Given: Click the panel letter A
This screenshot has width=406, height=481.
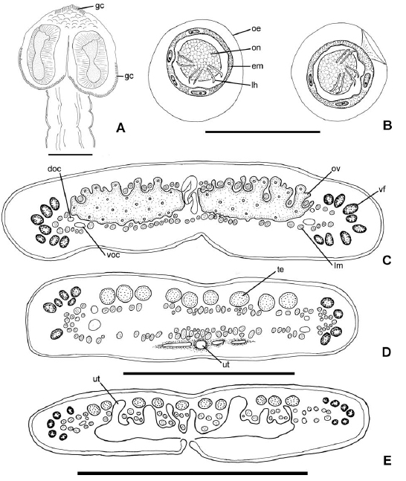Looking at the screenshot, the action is (x=121, y=128).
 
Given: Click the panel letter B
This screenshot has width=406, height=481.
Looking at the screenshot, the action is (x=387, y=126).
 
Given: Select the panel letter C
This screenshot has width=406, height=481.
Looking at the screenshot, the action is (x=387, y=260).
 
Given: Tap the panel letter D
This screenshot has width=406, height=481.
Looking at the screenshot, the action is (x=387, y=352).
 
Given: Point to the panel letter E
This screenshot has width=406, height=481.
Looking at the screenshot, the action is (x=387, y=461).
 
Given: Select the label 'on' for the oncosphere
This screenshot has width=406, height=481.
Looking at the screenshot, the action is (x=256, y=48).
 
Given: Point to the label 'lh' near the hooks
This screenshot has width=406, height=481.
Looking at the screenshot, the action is (x=254, y=84).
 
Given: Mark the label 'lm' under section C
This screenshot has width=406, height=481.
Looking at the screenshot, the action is (x=338, y=265).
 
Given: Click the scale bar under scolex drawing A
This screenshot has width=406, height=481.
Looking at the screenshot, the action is (x=71, y=154).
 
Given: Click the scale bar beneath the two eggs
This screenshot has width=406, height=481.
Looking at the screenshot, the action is (x=262, y=132).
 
